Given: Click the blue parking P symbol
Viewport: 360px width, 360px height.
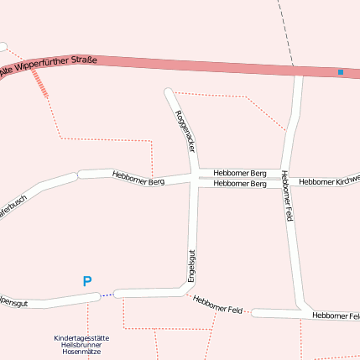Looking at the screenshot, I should [86, 282].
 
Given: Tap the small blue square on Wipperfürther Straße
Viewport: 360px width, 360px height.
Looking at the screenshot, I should [341, 72].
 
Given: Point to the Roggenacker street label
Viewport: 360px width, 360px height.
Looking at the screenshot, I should [185, 130].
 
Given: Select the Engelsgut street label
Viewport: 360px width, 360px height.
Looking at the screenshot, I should [191, 264].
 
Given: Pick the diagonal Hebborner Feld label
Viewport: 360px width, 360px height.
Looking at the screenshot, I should [217, 305].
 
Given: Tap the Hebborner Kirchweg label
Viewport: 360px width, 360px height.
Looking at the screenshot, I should [330, 180].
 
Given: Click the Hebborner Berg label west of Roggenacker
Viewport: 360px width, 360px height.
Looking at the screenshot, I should [138, 177].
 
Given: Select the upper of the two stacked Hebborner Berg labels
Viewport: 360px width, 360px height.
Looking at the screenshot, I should [239, 173].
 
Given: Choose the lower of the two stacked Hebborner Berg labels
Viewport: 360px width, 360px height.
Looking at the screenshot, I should [239, 184].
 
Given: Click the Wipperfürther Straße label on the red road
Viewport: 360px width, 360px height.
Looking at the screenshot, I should [50, 65].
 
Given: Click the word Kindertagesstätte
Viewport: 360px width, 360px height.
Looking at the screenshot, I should [81, 337].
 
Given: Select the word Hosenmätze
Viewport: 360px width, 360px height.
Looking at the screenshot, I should [81, 352].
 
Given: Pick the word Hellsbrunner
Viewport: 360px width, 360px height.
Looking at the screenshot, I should [81, 345].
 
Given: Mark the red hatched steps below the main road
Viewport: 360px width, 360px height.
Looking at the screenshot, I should [39, 83].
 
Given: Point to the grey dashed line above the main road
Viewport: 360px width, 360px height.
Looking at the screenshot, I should [285, 30].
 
